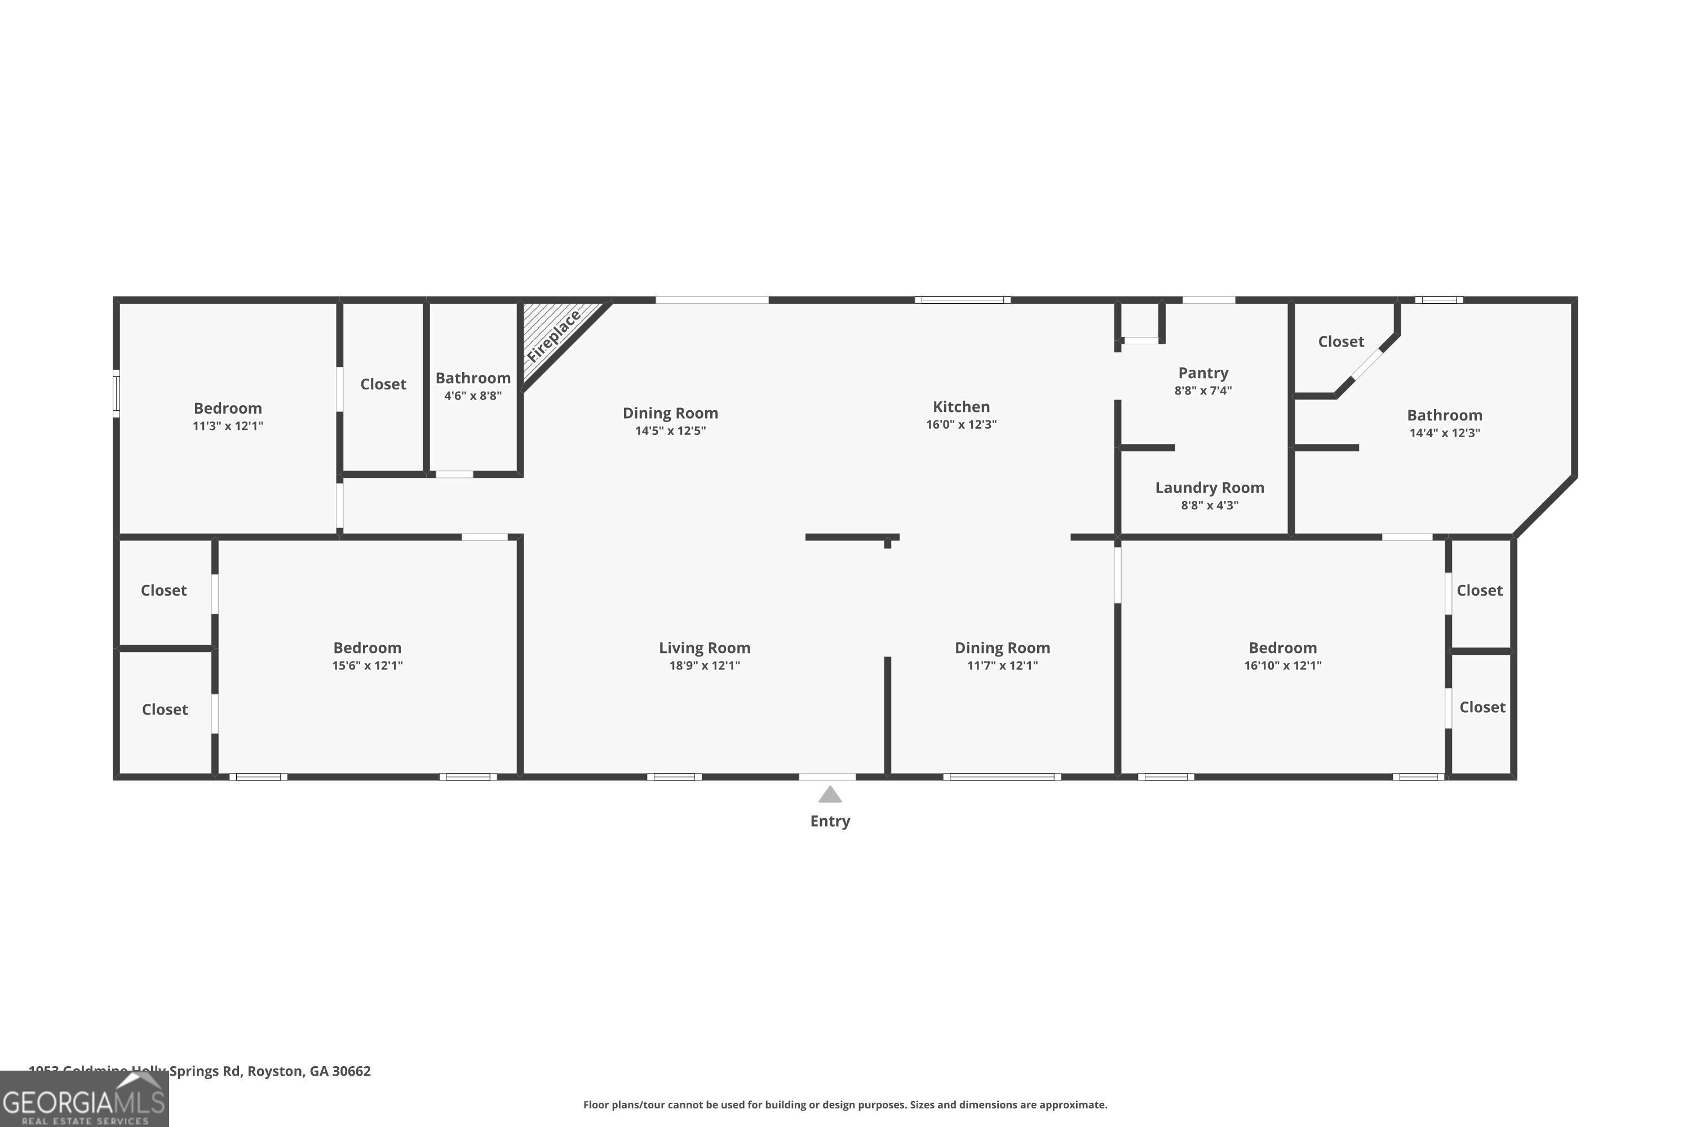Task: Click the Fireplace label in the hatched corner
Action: [554, 336]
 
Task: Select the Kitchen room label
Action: [960, 407]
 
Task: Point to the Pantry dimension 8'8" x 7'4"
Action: [1203, 391]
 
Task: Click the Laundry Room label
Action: [1209, 487]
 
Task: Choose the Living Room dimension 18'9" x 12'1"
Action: [704, 665]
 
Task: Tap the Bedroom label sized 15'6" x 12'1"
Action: [367, 647]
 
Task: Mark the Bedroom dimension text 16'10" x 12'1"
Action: [1283, 665]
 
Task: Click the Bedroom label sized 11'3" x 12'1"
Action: [227, 408]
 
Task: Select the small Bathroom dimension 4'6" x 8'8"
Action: [472, 396]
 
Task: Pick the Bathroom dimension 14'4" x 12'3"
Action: [1444, 433]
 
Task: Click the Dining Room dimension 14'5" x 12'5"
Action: [670, 431]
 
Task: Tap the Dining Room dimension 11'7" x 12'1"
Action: [1002, 665]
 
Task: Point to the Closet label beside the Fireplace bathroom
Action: [383, 384]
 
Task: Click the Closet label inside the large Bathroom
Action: [1340, 342]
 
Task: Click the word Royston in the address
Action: [275, 1071]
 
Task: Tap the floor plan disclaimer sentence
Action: [845, 1104]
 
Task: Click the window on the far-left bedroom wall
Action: [116, 393]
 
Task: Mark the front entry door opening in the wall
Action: [827, 777]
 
